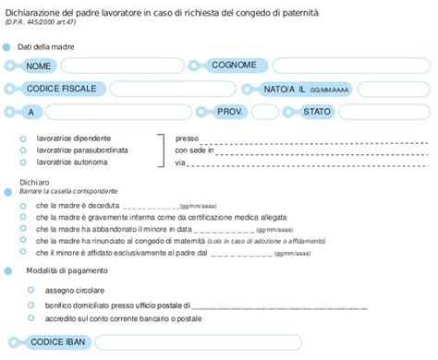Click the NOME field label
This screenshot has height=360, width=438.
click(x=40, y=66)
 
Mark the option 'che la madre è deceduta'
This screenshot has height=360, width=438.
click(x=22, y=206)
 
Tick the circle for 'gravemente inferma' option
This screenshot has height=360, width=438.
click(x=22, y=217)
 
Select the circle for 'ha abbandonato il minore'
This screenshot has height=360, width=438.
click(x=22, y=228)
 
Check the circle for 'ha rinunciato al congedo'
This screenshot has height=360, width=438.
click(x=22, y=239)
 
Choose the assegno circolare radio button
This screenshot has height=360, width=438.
click(x=30, y=289)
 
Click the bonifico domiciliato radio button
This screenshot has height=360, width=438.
click(x=30, y=305)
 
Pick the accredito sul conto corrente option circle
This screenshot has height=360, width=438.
click(x=30, y=318)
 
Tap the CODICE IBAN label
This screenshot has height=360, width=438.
click(x=58, y=342)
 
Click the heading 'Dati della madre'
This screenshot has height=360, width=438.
click(x=47, y=46)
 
